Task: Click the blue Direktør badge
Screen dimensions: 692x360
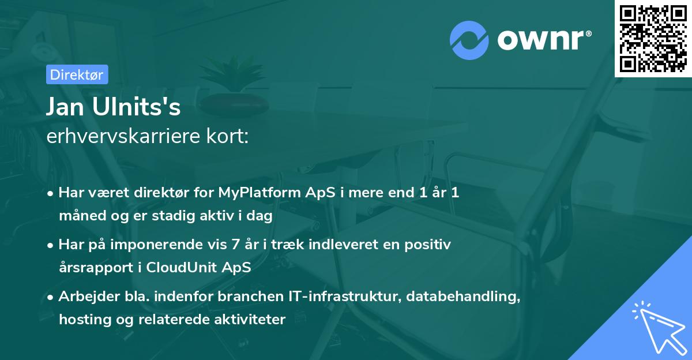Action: point(77,74)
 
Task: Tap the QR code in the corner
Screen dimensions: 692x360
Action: point(653,39)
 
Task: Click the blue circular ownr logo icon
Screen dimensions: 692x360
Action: point(469,40)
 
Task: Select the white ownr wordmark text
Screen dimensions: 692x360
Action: point(540,40)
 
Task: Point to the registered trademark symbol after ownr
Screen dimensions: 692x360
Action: point(588,33)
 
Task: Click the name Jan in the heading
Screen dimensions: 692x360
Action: point(65,107)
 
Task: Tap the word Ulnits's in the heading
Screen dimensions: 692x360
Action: point(136,107)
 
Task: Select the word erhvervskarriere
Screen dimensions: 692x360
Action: point(123,136)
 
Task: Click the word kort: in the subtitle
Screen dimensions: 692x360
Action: point(227,136)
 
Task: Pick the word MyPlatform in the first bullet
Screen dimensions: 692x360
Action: point(259,193)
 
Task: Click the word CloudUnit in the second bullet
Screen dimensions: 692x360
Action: point(180,267)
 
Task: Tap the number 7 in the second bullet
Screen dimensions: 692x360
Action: point(235,245)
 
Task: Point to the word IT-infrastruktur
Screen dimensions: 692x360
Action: point(345,297)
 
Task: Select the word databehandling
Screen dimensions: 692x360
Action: point(463,297)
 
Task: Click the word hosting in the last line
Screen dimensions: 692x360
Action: point(85,320)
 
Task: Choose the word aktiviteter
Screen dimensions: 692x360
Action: point(250,319)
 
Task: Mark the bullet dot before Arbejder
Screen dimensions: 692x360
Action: point(50,298)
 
